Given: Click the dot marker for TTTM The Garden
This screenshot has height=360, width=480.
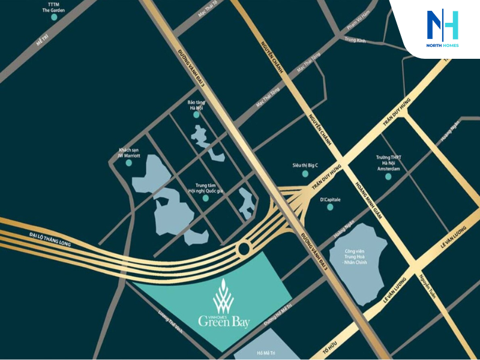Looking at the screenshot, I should point(54,17).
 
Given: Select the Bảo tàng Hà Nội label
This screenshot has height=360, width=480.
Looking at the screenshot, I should point(196,105).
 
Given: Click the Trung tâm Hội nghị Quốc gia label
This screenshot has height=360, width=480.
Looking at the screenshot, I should point(205,188).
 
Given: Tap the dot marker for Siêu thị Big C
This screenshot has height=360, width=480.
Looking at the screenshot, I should point(305,173).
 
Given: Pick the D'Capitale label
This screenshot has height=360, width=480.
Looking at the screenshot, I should point(329,199).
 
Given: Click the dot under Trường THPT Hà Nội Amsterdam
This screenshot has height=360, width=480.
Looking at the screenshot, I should point(388,176).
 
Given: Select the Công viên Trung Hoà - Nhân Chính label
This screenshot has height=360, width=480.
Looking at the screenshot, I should point(359,256).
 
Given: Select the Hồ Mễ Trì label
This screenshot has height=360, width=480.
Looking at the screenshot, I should point(265,352).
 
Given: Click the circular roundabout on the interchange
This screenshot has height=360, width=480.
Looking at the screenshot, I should point(244,248).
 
